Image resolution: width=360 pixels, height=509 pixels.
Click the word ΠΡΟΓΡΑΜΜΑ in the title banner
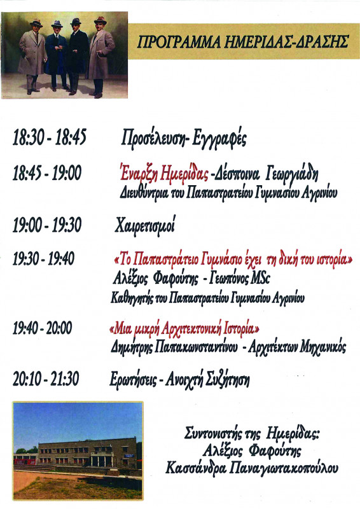click(x=177, y=42)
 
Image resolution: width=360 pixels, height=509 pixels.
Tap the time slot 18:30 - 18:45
click(x=50, y=137)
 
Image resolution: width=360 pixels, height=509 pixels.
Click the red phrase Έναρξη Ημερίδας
click(x=164, y=173)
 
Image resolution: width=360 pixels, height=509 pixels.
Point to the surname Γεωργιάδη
click(x=292, y=174)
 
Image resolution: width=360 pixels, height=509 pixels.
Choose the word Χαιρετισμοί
click(x=145, y=225)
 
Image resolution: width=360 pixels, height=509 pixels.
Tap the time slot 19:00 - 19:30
click(x=47, y=225)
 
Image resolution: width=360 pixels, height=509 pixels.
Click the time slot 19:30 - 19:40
click(x=43, y=259)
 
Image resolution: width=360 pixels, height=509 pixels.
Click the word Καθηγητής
click(x=132, y=298)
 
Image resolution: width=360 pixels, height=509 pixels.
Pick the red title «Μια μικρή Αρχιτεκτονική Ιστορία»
click(x=184, y=329)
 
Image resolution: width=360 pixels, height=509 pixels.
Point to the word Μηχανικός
click(x=323, y=347)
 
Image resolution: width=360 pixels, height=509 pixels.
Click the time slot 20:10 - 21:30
click(x=46, y=379)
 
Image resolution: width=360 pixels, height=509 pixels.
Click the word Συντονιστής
click(x=214, y=433)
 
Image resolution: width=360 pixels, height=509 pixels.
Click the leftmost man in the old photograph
click(x=32, y=56)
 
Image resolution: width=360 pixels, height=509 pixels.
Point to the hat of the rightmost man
click(x=100, y=21)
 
